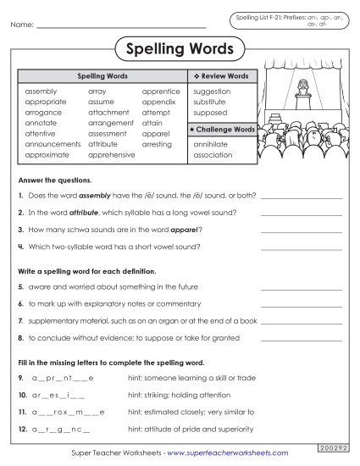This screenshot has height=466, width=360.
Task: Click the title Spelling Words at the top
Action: click(180, 48)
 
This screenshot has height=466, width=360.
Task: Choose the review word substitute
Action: click(212, 102)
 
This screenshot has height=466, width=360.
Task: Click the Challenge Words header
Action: click(223, 130)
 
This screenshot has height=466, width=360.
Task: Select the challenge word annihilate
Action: click(211, 144)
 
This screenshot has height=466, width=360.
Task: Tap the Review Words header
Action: click(222, 76)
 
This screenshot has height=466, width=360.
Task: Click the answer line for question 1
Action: click(302, 196)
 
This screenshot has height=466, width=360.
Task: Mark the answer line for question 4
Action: click(302, 247)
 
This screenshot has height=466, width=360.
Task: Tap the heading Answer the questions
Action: click(54, 180)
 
